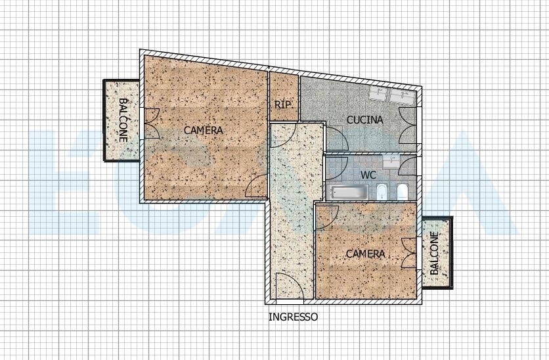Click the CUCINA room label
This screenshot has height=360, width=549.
click(x=365, y=120)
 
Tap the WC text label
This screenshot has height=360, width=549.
click(x=368, y=174)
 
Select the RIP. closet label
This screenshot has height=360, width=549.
click(x=283, y=104)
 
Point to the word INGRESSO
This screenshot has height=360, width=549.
click(x=293, y=317)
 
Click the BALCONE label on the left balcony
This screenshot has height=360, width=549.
click(x=123, y=120)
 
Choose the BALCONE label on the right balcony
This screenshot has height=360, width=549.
click(x=434, y=253)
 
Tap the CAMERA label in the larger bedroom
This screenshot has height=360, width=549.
click(x=204, y=130)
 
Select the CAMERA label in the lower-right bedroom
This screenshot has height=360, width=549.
click(x=366, y=254)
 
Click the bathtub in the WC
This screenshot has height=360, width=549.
click(x=347, y=192)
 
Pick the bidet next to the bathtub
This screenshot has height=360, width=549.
click(x=381, y=192)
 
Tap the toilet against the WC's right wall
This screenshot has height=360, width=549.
click(x=403, y=192)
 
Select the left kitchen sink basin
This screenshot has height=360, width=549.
click(x=379, y=95)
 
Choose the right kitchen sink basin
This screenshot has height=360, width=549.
click(x=402, y=96)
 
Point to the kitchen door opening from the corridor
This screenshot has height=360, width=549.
click(x=337, y=139)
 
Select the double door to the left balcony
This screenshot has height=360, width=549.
click(x=151, y=124)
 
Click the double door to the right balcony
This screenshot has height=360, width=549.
click(x=408, y=253)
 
